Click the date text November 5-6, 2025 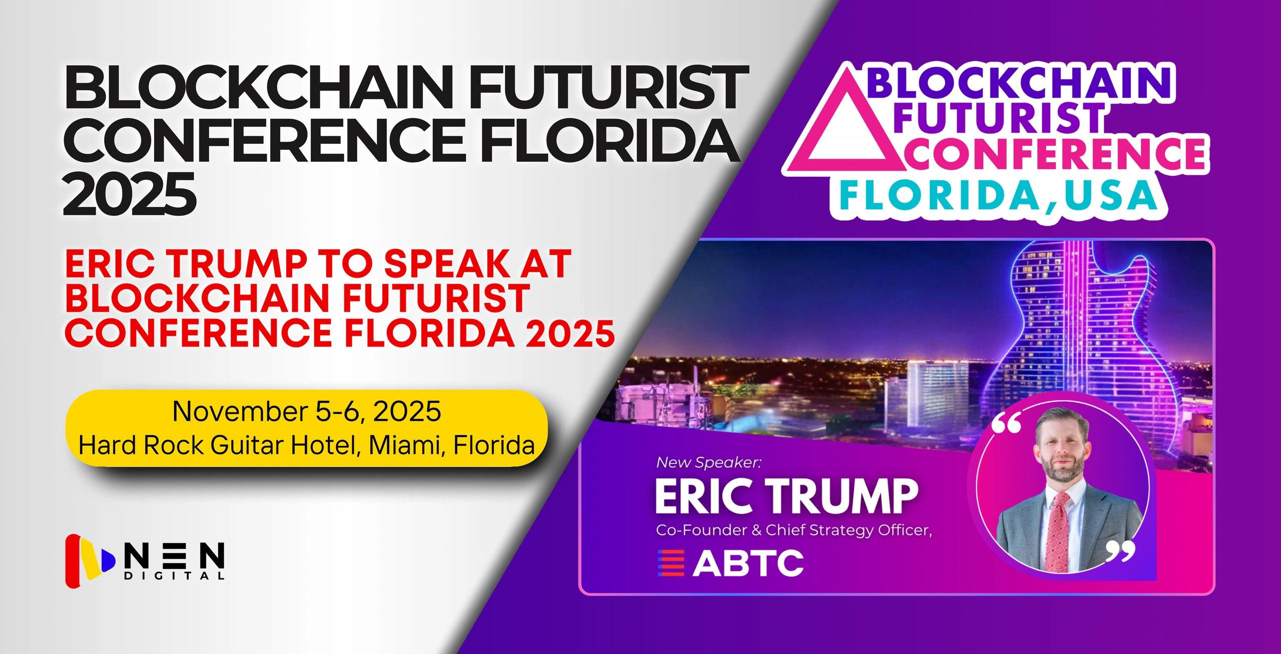[307, 412]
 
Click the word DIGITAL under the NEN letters [174, 576]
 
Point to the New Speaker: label [708, 462]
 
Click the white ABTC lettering [748, 562]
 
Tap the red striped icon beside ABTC [671, 562]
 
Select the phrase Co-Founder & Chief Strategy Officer [794, 530]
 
